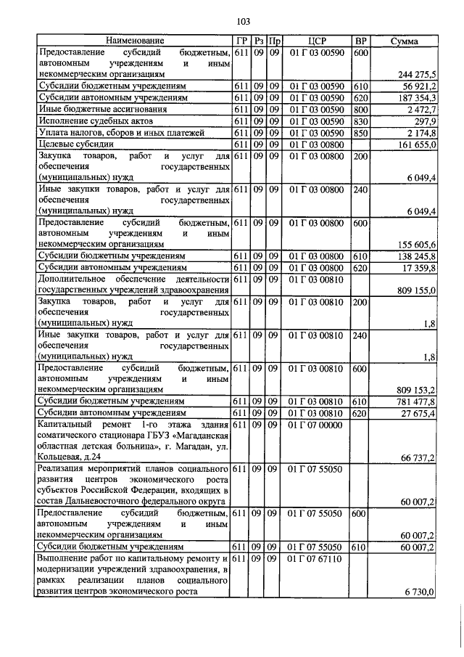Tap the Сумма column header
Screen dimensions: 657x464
coord(403,41)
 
